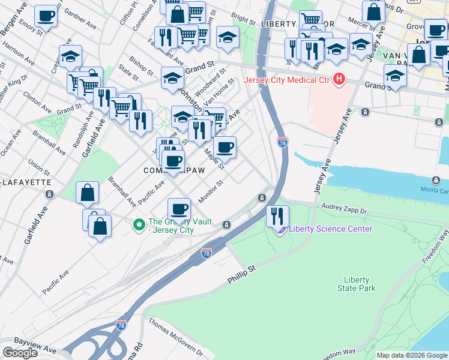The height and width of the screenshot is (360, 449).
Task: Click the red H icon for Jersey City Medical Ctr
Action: tap(339, 79)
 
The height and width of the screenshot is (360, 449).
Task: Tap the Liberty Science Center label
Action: tap(330, 229)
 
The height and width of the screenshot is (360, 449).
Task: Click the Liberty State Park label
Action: tap(360, 284)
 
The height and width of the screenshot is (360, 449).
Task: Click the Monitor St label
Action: tap(211, 191)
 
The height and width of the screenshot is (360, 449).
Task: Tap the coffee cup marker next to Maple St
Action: tap(224, 147)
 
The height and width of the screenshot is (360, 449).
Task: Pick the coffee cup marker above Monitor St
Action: tap(179, 209)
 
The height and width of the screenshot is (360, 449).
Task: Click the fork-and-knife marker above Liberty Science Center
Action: tap(277, 216)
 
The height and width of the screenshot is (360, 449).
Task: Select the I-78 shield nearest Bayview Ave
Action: tap(121, 325)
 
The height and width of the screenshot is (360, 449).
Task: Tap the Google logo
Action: tap(20, 353)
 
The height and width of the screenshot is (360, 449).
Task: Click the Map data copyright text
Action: tap(412, 355)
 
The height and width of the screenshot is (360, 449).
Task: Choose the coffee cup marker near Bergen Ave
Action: tap(46, 16)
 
